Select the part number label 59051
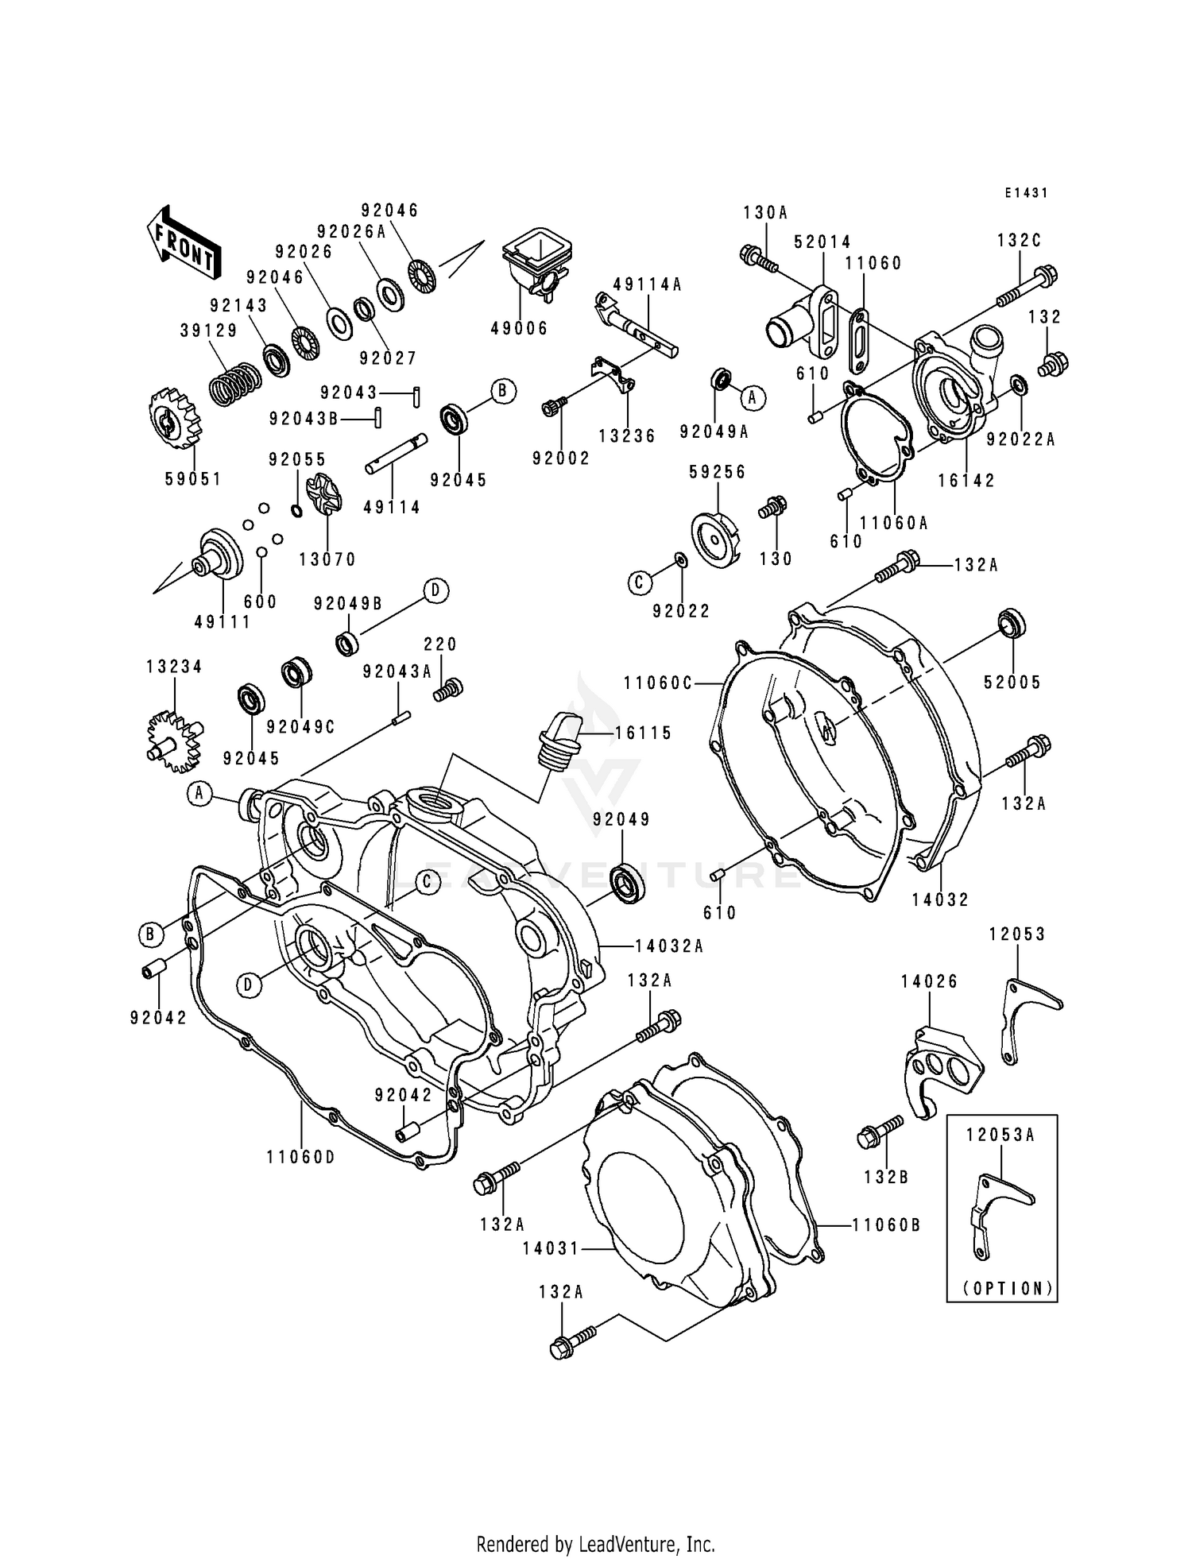pyautogui.click(x=193, y=479)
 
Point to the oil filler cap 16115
pyautogui.click(x=560, y=739)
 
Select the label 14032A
pyautogui.click(x=669, y=946)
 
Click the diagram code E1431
pyautogui.click(x=1025, y=193)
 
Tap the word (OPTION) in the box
pyautogui.click(x=1008, y=1289)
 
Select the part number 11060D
pyautogui.click(x=300, y=1157)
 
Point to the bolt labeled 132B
pyautogui.click(x=879, y=1131)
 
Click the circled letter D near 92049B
pyautogui.click(x=435, y=590)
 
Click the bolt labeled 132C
pyautogui.click(x=1027, y=288)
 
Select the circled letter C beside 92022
pyautogui.click(x=640, y=582)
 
